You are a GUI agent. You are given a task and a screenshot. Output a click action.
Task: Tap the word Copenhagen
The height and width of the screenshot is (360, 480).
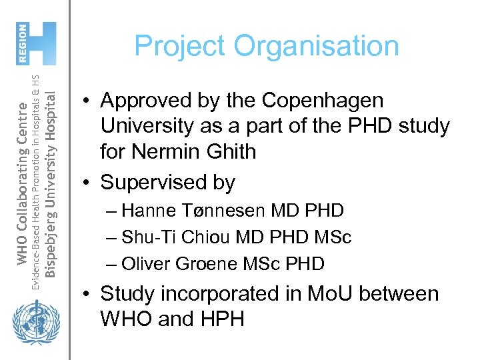click(323, 101)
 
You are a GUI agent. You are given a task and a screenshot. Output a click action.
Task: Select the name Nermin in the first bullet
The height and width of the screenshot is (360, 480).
click(162, 151)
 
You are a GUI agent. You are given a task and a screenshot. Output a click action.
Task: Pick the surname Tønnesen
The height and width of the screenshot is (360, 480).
click(227, 211)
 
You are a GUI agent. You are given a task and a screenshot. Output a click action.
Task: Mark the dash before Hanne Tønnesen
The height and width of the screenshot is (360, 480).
click(111, 211)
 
